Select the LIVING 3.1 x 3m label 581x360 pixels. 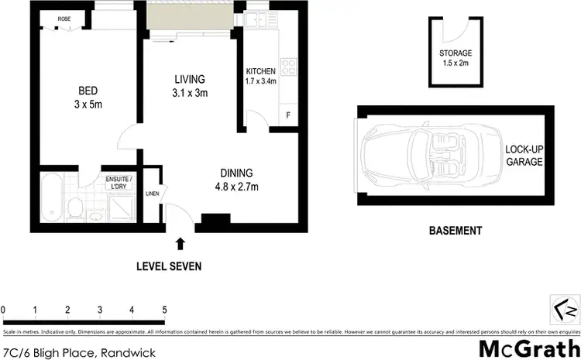click(189, 86)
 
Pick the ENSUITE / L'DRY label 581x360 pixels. click(119, 183)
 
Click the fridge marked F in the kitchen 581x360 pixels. click(288, 115)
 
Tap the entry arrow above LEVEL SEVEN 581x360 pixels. click(180, 244)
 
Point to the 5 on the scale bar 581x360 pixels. click(164, 310)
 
